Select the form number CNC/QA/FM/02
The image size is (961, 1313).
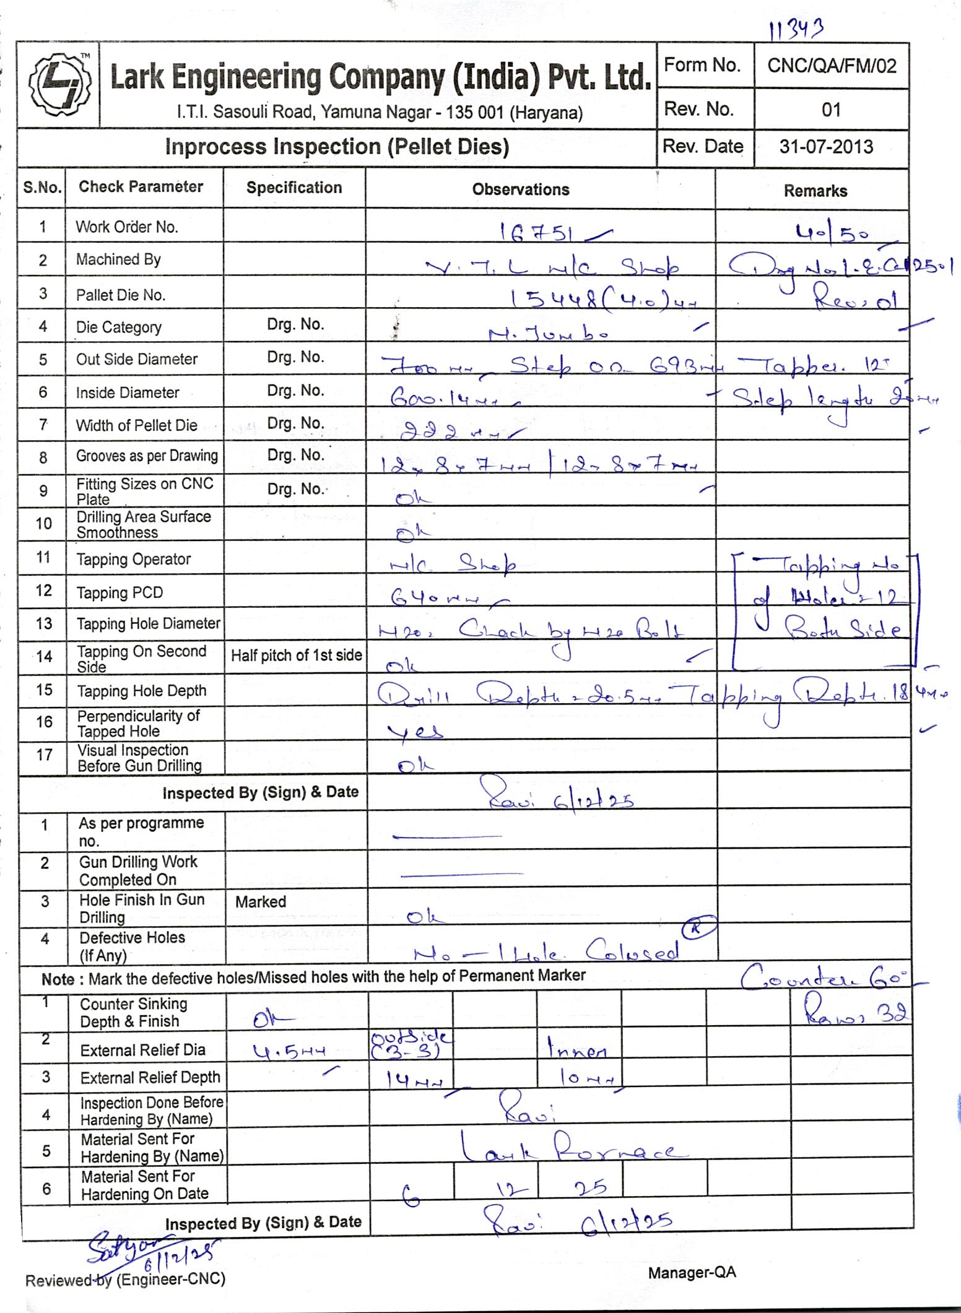(x=831, y=66)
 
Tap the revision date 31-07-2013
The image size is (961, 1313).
(x=826, y=147)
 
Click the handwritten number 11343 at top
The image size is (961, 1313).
(x=795, y=28)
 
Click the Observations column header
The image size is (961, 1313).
(x=520, y=189)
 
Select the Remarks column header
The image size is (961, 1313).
(x=815, y=191)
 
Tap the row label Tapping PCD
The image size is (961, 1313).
(x=120, y=592)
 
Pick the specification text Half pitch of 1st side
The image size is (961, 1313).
(x=296, y=656)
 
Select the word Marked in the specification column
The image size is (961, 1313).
(x=260, y=901)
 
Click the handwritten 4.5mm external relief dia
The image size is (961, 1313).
(x=289, y=1051)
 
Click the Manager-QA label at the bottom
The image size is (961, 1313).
(x=692, y=1273)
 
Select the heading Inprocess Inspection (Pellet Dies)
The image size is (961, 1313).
(x=337, y=147)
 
